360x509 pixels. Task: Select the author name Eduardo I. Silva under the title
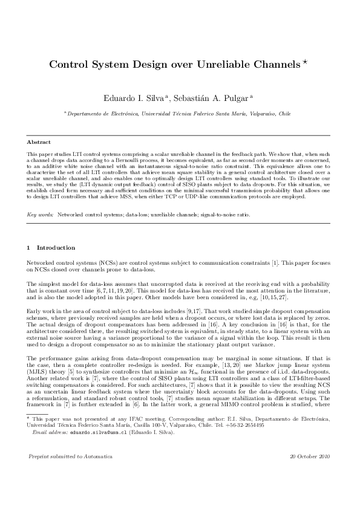point(136,98)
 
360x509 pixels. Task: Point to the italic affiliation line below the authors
point(180,113)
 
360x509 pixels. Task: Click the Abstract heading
point(38,142)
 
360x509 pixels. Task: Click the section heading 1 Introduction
point(51,247)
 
